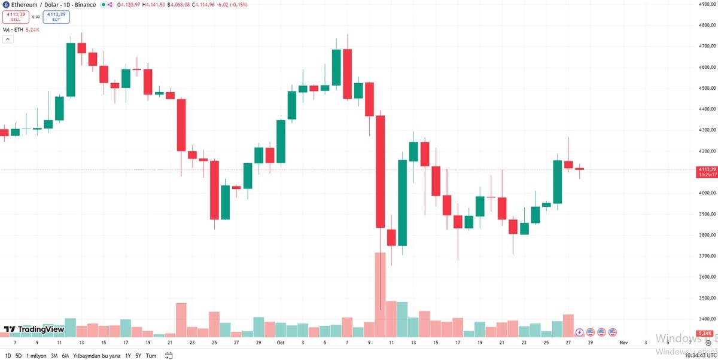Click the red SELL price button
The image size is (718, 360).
click(16, 17)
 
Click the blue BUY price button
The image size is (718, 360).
click(56, 17)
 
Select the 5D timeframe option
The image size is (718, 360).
click(19, 355)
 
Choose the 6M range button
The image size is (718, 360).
click(65, 355)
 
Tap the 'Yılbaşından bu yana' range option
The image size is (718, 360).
click(97, 355)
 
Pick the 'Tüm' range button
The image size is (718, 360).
click(151, 355)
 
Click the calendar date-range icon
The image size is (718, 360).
click(169, 355)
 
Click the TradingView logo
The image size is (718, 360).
click(34, 329)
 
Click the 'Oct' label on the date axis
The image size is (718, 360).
click(280, 343)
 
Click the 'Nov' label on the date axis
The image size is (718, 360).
click(623, 343)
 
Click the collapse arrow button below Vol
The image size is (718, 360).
click(8, 39)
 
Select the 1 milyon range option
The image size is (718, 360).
click(36, 355)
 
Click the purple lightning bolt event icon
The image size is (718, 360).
click(579, 332)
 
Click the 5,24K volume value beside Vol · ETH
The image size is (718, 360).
click(33, 29)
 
